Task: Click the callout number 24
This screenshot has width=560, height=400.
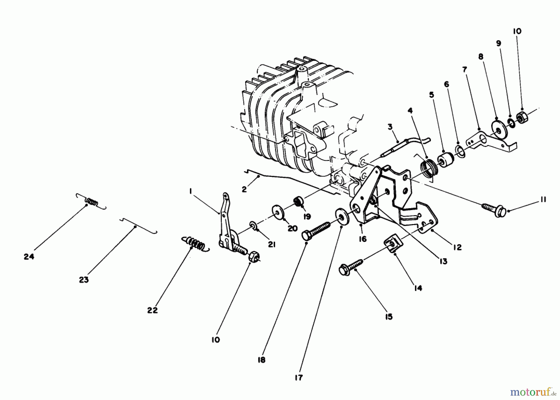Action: click(x=29, y=257)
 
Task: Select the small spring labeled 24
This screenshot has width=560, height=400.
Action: click(x=91, y=201)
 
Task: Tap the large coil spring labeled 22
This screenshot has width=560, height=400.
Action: click(x=195, y=243)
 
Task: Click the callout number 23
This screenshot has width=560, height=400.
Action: click(x=84, y=280)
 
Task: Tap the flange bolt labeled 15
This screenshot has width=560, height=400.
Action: click(x=351, y=268)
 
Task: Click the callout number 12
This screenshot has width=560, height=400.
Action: click(x=457, y=247)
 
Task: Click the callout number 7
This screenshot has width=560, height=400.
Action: click(x=464, y=70)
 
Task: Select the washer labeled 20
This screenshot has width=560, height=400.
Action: click(x=277, y=212)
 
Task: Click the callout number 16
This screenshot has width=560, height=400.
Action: click(x=362, y=239)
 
